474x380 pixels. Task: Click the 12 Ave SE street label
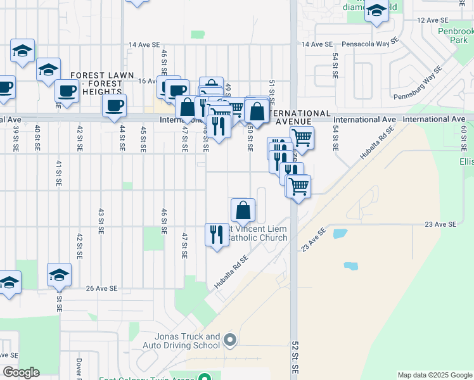(437, 20)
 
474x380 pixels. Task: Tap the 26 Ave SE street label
(102, 288)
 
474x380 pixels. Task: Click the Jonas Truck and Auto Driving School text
(185, 341)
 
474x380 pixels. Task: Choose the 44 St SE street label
(122, 139)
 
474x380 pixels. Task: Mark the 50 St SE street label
(250, 139)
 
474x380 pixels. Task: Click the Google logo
(21, 372)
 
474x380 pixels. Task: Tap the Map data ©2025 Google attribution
(435, 375)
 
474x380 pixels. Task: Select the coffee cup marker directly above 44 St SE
(114, 106)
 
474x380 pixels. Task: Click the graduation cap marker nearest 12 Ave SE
(376, 11)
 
